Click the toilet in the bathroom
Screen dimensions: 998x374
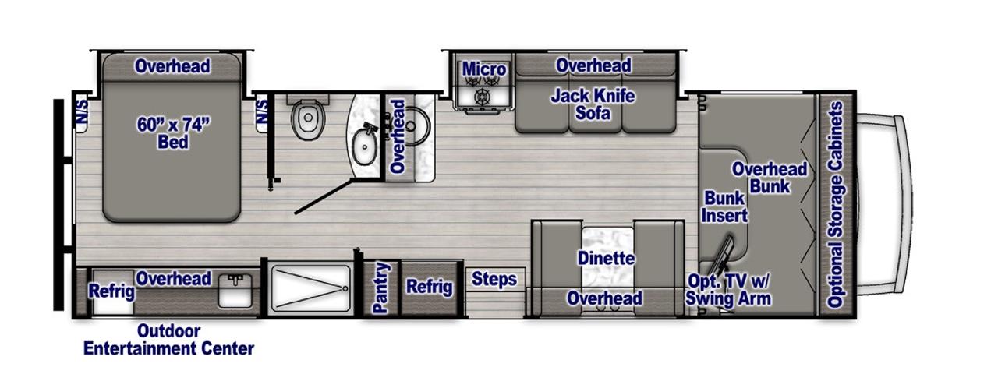(307, 117)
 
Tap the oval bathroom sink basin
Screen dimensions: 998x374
(365, 146)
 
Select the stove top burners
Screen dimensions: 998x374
(481, 89)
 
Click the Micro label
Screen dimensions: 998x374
(484, 69)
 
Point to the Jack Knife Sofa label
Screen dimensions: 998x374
(593, 104)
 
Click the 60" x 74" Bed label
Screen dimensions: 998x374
(173, 133)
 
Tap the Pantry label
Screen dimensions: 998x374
(381, 288)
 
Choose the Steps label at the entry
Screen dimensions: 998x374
(494, 279)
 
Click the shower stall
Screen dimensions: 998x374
(310, 288)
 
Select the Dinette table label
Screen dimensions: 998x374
(606, 258)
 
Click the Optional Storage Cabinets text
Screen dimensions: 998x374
(835, 204)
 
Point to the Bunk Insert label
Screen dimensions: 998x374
(724, 206)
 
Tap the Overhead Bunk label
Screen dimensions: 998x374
(770, 177)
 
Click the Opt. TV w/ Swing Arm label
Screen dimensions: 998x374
(728, 290)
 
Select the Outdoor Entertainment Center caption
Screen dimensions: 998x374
(168, 340)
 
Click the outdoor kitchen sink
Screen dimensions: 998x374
(235, 291)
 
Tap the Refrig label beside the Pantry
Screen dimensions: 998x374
(429, 287)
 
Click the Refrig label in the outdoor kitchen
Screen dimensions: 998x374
(111, 291)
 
